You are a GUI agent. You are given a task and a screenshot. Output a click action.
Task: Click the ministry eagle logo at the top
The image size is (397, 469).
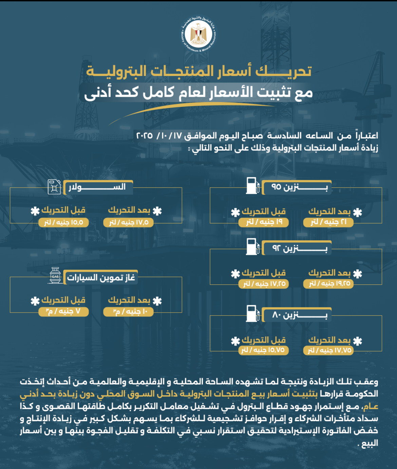(198, 34)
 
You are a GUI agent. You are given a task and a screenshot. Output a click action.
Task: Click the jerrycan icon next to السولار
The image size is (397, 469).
(54, 187)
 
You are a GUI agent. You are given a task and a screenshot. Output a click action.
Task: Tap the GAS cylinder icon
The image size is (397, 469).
(55, 275)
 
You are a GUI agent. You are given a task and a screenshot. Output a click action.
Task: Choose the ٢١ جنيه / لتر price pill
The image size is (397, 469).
(328, 222)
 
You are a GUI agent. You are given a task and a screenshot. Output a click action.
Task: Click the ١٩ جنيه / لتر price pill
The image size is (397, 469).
(263, 222)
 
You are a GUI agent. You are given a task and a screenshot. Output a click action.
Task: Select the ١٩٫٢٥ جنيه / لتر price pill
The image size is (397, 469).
(328, 283)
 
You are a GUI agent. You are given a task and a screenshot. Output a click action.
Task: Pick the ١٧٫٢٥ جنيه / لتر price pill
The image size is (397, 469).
(263, 283)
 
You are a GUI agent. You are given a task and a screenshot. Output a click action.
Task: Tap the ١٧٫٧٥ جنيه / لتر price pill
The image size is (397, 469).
(328, 350)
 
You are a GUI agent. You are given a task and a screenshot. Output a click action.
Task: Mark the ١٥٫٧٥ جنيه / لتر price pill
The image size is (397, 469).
(263, 350)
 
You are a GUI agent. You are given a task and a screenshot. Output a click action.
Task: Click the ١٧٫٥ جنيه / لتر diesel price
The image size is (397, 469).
(128, 223)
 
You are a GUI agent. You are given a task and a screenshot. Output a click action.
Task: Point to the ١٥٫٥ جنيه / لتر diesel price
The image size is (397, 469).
(63, 223)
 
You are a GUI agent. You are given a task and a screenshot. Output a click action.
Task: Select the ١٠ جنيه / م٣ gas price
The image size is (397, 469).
(128, 312)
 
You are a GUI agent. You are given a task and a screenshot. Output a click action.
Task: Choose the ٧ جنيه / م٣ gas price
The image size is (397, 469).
(63, 312)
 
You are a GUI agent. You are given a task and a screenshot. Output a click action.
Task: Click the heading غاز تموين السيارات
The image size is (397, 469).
(101, 278)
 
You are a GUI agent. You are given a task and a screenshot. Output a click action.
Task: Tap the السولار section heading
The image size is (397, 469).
(97, 187)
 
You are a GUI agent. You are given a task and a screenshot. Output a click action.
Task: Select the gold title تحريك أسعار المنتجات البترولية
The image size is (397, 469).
(199, 72)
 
